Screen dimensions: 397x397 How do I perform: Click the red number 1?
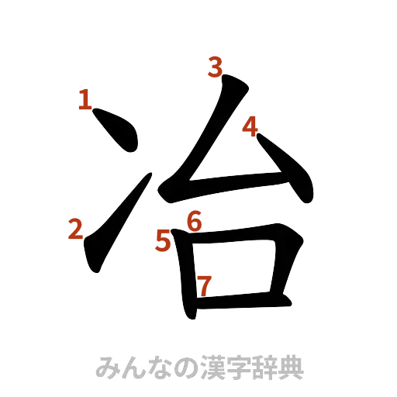pyautogui.click(x=85, y=99)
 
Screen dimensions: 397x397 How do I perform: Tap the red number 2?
pyautogui.click(x=76, y=230)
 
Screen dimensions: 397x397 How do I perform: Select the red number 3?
pyautogui.click(x=215, y=70)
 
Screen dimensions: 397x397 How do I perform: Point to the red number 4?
pyautogui.click(x=250, y=126)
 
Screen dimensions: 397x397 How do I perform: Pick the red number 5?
pyautogui.click(x=163, y=241)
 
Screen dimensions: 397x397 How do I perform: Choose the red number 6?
pyautogui.click(x=194, y=222)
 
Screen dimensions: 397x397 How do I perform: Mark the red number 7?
pyautogui.click(x=203, y=285)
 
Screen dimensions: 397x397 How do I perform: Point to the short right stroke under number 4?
pyautogui.click(x=287, y=171)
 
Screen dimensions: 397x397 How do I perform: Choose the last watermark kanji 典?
pyautogui.click(x=291, y=367)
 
